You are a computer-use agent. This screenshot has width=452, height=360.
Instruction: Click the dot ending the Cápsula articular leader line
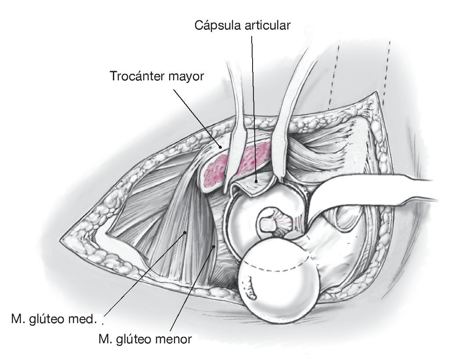(256, 180)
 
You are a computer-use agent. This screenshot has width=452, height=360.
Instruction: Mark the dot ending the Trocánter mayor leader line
(221, 148)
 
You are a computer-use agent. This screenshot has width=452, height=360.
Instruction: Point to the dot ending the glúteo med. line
(186, 232)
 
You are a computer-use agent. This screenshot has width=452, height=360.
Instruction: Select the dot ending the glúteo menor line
(214, 247)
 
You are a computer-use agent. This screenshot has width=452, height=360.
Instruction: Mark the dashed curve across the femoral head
(281, 266)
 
